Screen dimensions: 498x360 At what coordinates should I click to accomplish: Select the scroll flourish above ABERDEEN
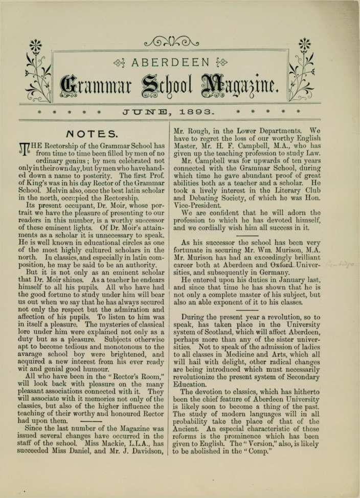(x=172, y=42)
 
